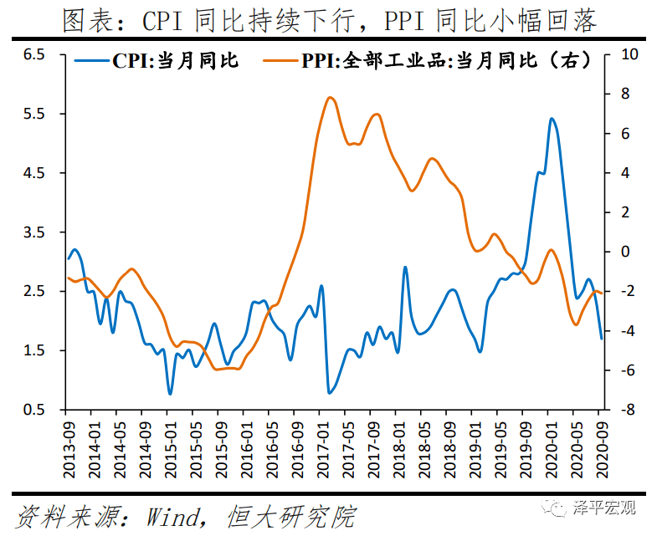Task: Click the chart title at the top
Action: point(330,20)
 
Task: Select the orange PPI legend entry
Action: point(427,61)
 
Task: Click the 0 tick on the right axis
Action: point(624,252)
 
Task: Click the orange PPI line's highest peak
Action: point(330,98)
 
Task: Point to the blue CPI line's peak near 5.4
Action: point(552,119)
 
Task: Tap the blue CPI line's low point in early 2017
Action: point(330,392)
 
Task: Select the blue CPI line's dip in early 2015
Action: point(170,393)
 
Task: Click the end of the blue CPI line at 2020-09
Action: point(601,338)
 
